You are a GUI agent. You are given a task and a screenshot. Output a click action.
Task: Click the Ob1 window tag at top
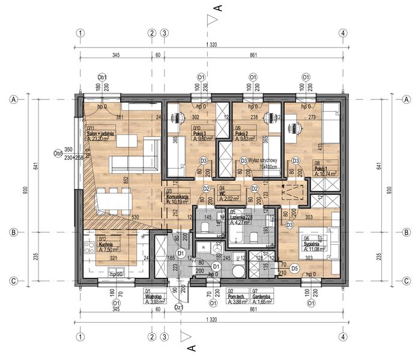(103, 77)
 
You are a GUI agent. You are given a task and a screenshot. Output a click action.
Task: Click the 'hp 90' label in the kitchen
(116, 274)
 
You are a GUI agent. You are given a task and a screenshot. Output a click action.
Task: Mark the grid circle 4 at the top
(342, 33)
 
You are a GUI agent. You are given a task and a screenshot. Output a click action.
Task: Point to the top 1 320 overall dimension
(211, 45)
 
